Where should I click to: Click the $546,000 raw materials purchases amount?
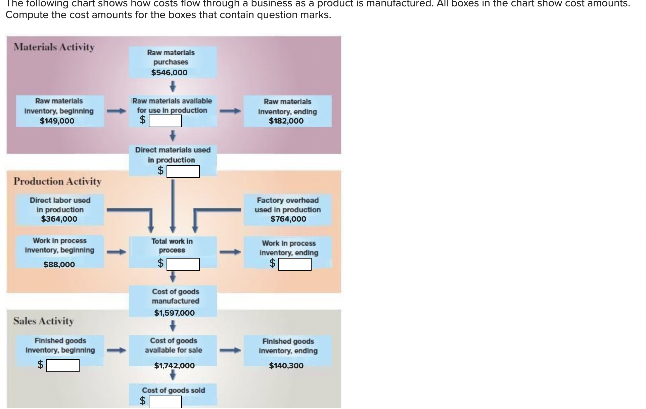[169, 73]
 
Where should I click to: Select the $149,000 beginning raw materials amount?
[57, 121]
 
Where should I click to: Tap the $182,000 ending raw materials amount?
[286, 121]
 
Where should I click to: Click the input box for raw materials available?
[165, 121]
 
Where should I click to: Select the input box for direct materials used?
[183, 171]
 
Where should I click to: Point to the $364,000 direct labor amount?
[59, 219]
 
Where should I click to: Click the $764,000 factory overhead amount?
[288, 219]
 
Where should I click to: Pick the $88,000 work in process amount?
[59, 265]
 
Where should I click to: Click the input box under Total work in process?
[183, 264]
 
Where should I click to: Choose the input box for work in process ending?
[295, 264]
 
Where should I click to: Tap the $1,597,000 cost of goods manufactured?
[174, 313]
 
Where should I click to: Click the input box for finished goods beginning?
[63, 366]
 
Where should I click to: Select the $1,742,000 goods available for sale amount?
[174, 366]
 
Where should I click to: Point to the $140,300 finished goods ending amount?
[286, 366]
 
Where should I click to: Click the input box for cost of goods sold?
[165, 402]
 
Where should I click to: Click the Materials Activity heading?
[54, 47]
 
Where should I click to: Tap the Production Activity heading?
[57, 181]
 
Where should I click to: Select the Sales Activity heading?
[44, 321]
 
